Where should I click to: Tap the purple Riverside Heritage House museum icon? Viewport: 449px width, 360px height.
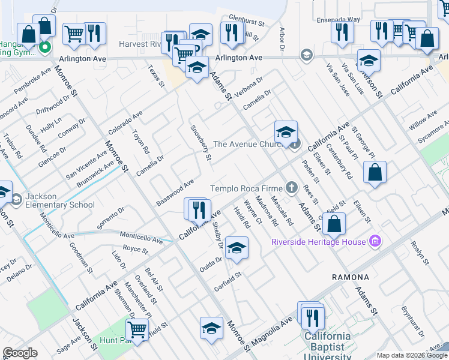coord(376,242)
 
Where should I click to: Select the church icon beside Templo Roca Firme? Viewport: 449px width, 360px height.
coord(292,188)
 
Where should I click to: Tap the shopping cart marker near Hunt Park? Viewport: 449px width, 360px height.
coord(137,329)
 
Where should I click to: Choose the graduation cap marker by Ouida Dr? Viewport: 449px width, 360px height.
coord(237,249)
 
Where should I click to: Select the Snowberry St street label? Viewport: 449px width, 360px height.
coord(201,143)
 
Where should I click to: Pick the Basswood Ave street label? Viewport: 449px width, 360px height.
coord(175,191)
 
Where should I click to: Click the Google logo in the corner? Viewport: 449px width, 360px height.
coord(20,353)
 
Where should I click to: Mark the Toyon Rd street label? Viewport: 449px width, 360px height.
coord(140,142)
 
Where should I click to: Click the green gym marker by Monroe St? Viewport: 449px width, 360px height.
coord(44,46)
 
